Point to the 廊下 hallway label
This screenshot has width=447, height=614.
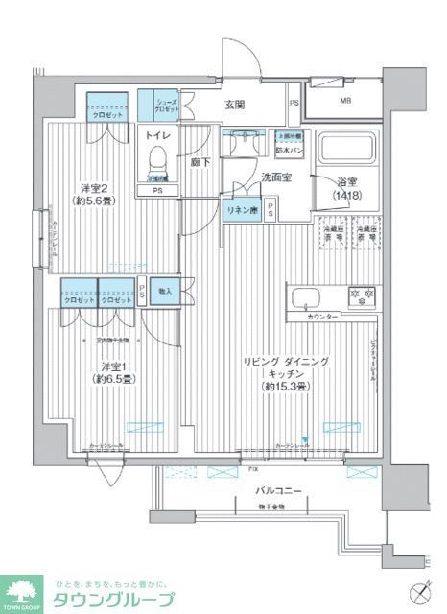click(x=199, y=164)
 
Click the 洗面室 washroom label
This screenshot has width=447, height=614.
click(x=277, y=177)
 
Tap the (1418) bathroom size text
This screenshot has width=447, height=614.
click(x=348, y=196)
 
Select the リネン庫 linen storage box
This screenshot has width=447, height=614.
click(x=240, y=210)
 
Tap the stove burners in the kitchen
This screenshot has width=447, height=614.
click(x=361, y=295)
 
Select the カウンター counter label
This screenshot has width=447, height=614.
click(x=322, y=316)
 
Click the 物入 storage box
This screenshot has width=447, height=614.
click(x=164, y=292)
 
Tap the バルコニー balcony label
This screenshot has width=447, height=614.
click(x=279, y=490)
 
